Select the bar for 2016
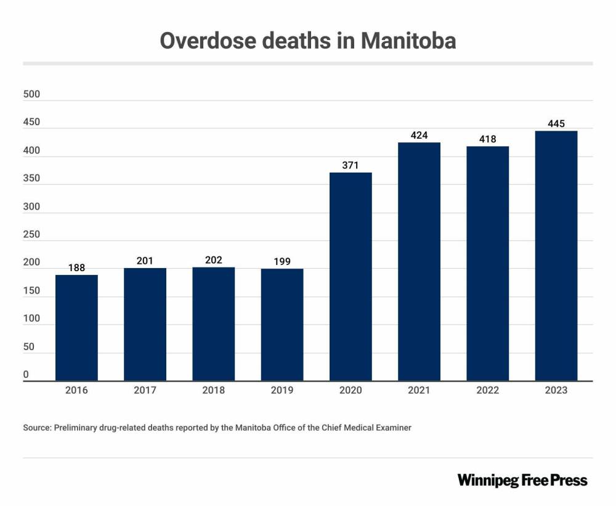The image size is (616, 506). click(x=76, y=327)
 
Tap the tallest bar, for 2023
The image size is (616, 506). click(x=556, y=256)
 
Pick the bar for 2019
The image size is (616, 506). click(x=282, y=325)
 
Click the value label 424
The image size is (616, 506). click(x=419, y=135)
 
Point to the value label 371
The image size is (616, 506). click(x=351, y=165)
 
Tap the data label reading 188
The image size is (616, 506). click(x=76, y=267)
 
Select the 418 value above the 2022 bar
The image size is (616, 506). click(x=487, y=139)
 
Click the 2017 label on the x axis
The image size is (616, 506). click(x=145, y=390)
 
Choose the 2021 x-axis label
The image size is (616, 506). click(x=419, y=390)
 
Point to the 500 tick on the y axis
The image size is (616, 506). click(x=31, y=94)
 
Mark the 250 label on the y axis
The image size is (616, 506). click(x=31, y=235)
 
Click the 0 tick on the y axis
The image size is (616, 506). click(x=26, y=375)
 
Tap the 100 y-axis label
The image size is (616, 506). click(x=31, y=319)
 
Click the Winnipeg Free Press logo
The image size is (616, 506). click(x=522, y=480)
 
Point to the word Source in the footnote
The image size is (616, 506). click(x=36, y=427)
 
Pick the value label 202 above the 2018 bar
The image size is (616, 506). click(x=213, y=260)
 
